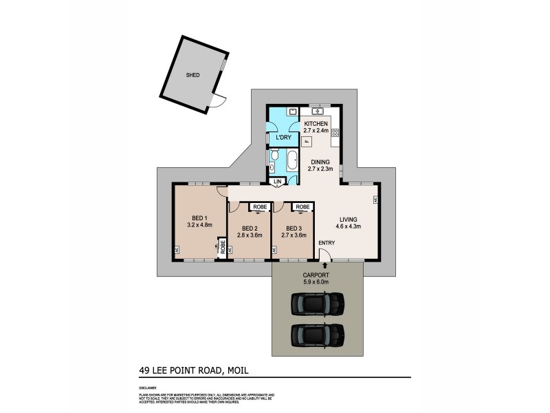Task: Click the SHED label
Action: (192, 75)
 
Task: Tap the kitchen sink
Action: (318, 110)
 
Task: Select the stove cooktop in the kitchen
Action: (335, 133)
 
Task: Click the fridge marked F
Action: (307, 140)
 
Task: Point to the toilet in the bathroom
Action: (274, 157)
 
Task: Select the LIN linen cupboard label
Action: (278, 182)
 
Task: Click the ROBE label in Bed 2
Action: (261, 206)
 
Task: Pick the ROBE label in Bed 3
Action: (301, 206)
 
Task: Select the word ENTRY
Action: (327, 242)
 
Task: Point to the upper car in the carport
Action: (317, 304)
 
